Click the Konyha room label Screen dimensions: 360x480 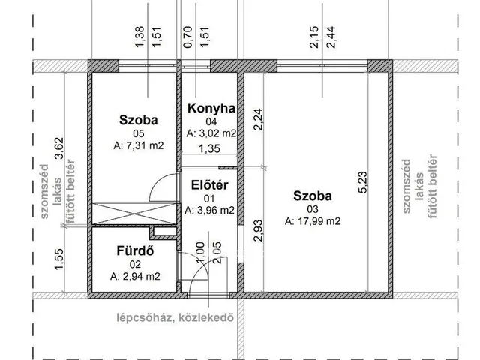[211, 108]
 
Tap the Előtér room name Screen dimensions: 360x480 [211, 185]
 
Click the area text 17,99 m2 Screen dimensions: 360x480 [313, 221]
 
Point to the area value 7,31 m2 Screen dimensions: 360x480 [138, 145]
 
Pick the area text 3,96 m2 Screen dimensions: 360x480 [210, 211]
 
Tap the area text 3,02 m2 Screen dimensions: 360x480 [211, 133]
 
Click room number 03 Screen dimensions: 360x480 [313, 209]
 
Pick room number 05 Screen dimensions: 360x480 [138, 133]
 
